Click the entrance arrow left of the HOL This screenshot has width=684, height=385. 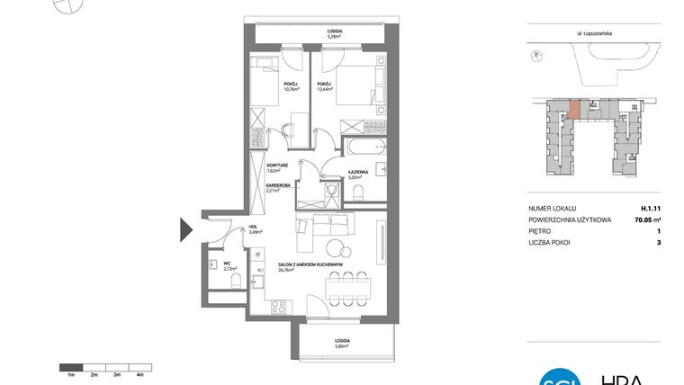[186, 230]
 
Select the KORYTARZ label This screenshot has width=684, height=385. [276, 166]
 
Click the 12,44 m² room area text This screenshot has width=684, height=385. [324, 89]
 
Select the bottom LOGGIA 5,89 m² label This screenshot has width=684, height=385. [341, 342]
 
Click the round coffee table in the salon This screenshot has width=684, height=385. [337, 249]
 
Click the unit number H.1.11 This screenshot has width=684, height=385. [650, 208]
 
